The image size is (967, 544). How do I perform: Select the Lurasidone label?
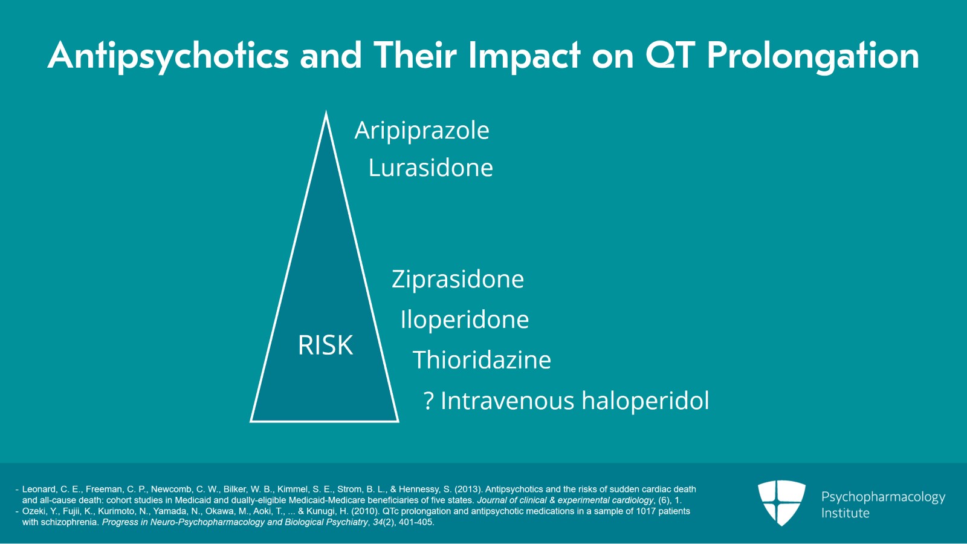430,168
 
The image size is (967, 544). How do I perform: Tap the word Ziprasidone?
458,280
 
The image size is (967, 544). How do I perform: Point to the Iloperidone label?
464,320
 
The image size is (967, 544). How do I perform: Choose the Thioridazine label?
482,360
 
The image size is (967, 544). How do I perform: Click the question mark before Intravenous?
429,401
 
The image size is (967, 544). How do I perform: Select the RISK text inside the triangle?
325,346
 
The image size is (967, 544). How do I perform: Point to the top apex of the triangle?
326,114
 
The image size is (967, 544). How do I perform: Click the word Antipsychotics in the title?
169,56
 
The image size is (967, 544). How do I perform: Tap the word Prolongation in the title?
813,56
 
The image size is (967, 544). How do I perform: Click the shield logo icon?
781,502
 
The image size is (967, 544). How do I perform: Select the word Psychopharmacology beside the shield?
883,497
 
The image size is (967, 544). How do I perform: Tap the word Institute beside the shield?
845,513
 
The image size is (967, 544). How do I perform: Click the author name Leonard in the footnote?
39,489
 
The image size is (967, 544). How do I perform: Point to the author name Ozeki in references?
34,511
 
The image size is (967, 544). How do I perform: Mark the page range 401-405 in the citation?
416,522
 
